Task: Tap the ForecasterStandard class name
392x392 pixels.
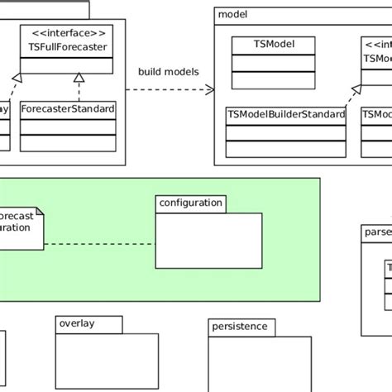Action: pyautogui.click(x=68, y=109)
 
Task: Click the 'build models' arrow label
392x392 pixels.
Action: pyautogui.click(x=169, y=72)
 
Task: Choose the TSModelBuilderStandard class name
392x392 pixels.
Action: pyautogui.click(x=285, y=114)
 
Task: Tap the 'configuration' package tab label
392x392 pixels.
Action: pyautogui.click(x=190, y=203)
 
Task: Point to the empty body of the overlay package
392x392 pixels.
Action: pyautogui.click(x=106, y=360)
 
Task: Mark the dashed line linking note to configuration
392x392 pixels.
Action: pyautogui.click(x=99, y=244)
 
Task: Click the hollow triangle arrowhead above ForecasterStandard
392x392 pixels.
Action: pyautogui.click(x=79, y=77)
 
